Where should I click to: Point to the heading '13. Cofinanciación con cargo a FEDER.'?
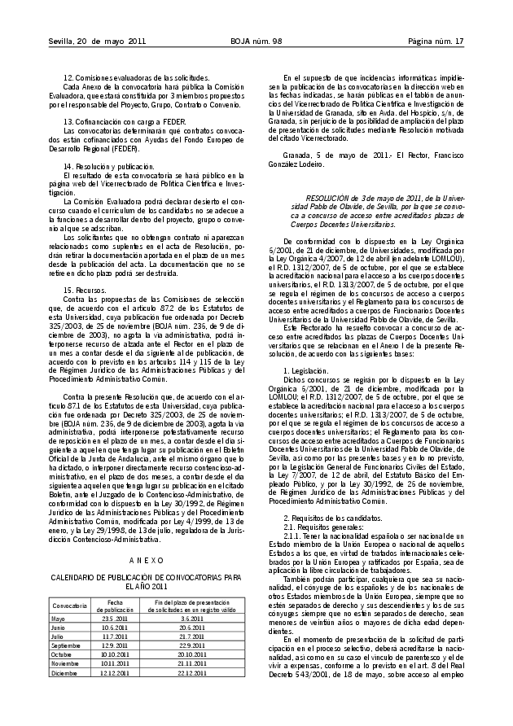click(x=120, y=120)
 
